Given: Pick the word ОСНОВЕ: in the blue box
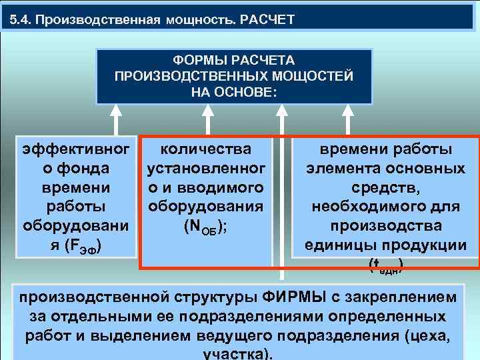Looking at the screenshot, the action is point(249,90).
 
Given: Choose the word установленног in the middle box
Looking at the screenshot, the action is point(207,166).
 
